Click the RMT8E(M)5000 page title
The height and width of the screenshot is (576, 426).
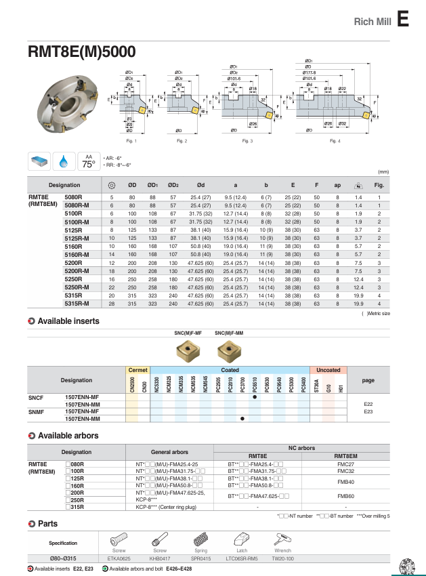click(x=81, y=52)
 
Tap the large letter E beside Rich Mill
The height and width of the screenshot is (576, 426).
click(x=403, y=20)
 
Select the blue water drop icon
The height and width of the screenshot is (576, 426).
click(x=65, y=161)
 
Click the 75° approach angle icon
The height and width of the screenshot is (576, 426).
click(x=89, y=162)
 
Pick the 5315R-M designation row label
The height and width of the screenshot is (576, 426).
click(x=77, y=304)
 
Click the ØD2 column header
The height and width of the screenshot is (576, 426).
click(x=173, y=185)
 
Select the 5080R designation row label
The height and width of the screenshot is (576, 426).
click(x=73, y=197)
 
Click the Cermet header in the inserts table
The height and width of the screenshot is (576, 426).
click(x=137, y=370)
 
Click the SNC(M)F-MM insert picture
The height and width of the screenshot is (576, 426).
click(x=228, y=350)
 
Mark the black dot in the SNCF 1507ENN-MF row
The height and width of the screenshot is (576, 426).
click(x=254, y=396)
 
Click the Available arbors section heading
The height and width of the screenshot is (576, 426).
click(x=68, y=435)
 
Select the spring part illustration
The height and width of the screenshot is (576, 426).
click(x=200, y=540)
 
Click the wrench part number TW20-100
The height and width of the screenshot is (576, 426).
click(x=282, y=558)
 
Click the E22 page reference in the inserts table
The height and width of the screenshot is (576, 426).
click(x=368, y=404)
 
